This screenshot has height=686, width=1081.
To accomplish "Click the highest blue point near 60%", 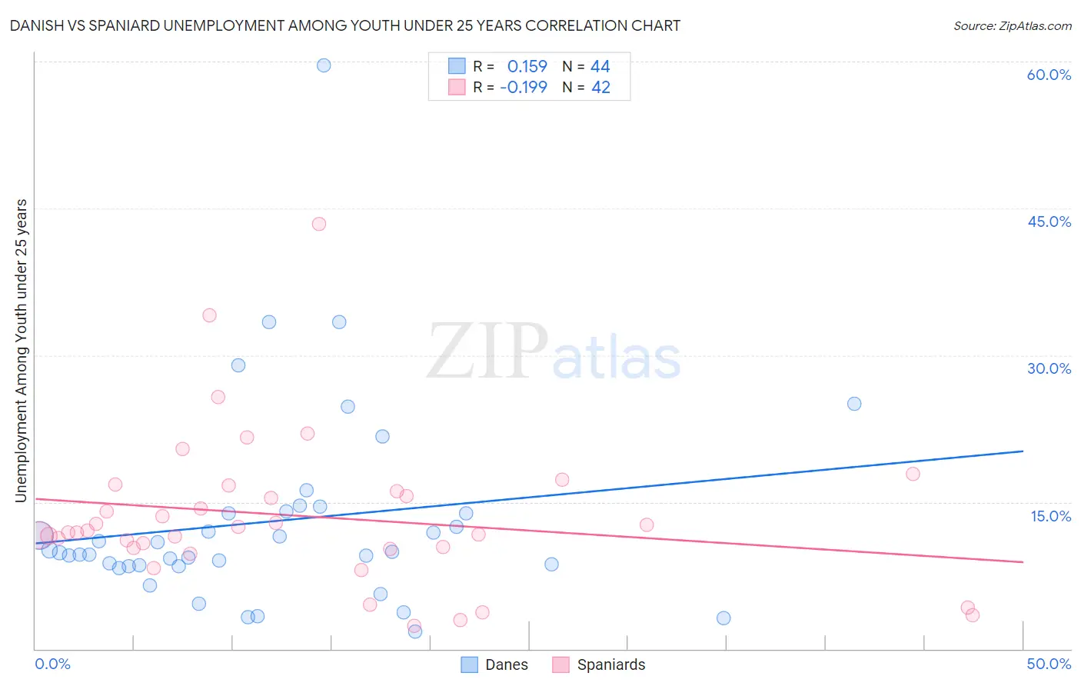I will pyautogui.click(x=324, y=65).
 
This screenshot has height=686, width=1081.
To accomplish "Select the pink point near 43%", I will pyautogui.click(x=319, y=224).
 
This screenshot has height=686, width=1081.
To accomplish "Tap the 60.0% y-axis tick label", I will pyautogui.click(x=1049, y=75).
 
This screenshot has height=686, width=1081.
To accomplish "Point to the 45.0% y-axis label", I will pyautogui.click(x=1049, y=221).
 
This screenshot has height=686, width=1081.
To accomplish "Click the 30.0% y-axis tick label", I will pyautogui.click(x=1049, y=368).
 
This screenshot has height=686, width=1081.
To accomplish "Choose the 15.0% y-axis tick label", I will pyautogui.click(x=1050, y=515).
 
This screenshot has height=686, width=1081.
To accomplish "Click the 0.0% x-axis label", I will pyautogui.click(x=52, y=664).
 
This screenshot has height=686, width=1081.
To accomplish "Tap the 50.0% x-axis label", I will pyautogui.click(x=1049, y=664).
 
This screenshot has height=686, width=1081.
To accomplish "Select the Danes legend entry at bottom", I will pyautogui.click(x=494, y=664).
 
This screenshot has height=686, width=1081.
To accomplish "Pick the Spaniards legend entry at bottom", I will pyautogui.click(x=599, y=664).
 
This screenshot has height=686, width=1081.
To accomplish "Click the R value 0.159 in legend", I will pyautogui.click(x=527, y=67).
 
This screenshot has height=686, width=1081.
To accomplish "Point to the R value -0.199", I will pyautogui.click(x=524, y=88).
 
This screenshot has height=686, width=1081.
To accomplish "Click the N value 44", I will pyautogui.click(x=600, y=67).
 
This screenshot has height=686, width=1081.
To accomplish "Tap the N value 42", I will pyautogui.click(x=600, y=88).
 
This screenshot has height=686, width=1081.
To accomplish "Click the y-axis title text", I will pyautogui.click(x=21, y=351).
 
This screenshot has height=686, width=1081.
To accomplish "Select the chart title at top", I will pyautogui.click(x=345, y=25).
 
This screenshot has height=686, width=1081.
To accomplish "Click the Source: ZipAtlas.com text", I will pyautogui.click(x=1012, y=26).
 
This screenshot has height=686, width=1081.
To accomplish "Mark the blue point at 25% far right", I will pyautogui.click(x=854, y=404).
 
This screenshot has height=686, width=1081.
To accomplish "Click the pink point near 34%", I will pyautogui.click(x=209, y=315).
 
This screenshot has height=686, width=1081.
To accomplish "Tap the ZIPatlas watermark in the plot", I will pyautogui.click(x=554, y=352).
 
